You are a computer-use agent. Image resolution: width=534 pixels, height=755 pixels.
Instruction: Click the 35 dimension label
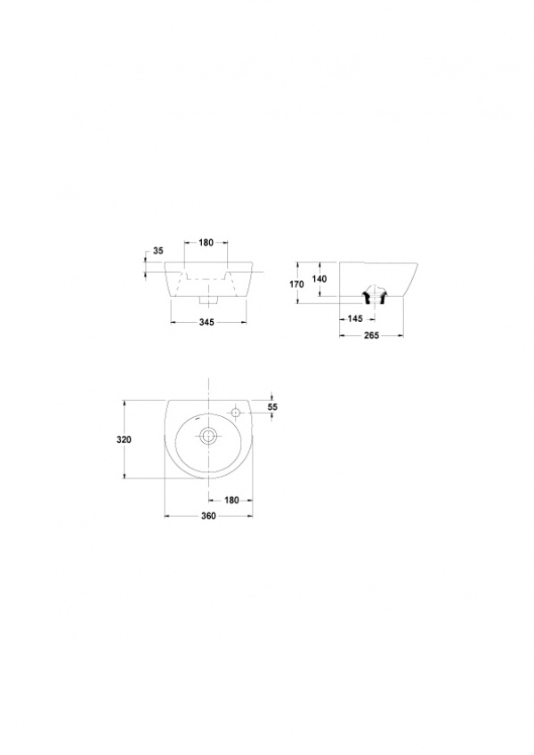click(158, 251)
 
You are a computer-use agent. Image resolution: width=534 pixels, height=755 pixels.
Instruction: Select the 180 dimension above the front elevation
click(206, 243)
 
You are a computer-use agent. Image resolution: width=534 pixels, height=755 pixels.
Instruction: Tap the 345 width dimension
click(206, 322)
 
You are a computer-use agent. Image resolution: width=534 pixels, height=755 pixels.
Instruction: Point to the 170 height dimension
click(297, 284)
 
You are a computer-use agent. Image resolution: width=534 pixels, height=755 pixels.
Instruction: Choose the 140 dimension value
click(320, 279)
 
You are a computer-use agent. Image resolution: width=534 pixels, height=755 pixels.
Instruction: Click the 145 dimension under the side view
click(355, 318)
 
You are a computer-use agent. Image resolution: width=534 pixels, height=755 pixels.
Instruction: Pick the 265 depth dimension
click(372, 335)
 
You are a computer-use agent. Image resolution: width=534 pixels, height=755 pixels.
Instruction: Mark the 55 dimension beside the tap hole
click(272, 407)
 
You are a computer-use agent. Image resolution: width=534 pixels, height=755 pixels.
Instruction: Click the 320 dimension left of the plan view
click(124, 439)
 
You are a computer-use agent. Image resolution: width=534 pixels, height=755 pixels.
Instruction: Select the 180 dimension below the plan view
click(231, 501)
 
